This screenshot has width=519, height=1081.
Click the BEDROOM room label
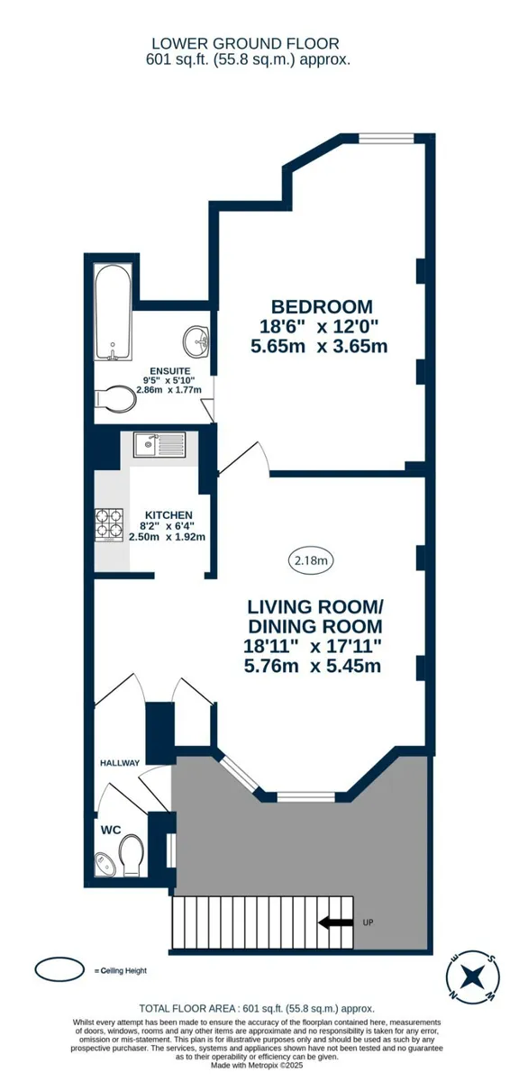[x=322, y=307]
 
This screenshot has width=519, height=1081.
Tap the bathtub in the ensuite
[x=113, y=312]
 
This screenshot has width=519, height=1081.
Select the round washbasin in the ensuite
[x=196, y=340]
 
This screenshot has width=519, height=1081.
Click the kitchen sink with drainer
[x=159, y=444]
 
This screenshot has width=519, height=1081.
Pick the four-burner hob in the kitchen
[x=109, y=525]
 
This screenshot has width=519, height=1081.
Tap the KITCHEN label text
[x=168, y=515]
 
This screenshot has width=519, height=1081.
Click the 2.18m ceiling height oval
[x=311, y=560]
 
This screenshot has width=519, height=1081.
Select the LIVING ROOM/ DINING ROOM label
[x=315, y=616]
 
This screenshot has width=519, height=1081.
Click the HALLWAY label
[x=120, y=763]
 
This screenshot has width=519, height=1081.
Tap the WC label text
[x=111, y=830]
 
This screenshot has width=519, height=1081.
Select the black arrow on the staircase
[x=335, y=922]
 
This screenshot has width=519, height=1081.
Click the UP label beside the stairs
[x=368, y=922]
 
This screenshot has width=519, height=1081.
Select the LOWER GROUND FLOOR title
[x=245, y=43]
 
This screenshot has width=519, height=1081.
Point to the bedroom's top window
[x=386, y=139]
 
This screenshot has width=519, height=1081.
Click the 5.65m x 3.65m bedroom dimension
[x=319, y=346]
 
